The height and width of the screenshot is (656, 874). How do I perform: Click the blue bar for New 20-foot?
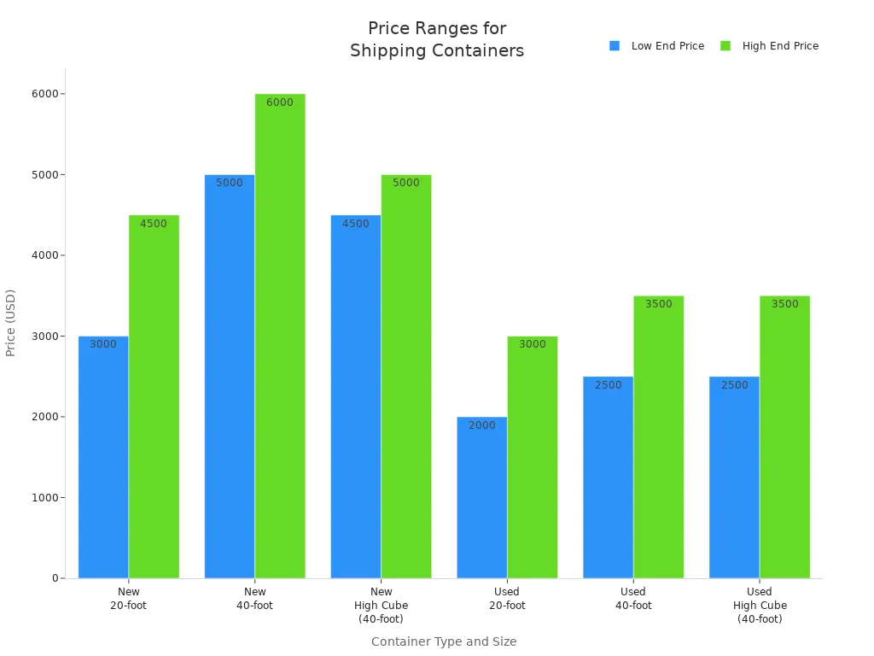[x=103, y=457]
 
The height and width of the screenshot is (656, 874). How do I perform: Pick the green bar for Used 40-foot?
[x=658, y=436]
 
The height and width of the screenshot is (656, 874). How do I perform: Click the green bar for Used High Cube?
[x=784, y=436]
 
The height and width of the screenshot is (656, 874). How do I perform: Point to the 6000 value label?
[x=279, y=102]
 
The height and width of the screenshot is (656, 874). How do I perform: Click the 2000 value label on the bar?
[x=481, y=425]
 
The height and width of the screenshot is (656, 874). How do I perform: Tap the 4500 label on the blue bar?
[x=356, y=224]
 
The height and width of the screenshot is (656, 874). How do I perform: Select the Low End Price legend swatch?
[x=615, y=46]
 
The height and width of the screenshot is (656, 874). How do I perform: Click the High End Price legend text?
[x=780, y=46]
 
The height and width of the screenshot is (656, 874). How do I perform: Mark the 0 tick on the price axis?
[x=55, y=578]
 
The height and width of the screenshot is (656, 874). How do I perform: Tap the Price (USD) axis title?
[x=11, y=323]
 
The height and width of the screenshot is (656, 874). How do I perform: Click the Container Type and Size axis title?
[x=444, y=641]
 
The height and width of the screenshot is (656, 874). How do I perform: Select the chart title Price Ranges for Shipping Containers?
[x=437, y=39]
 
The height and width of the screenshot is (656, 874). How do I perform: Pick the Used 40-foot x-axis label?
[x=633, y=598]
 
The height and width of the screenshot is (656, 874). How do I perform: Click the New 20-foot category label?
[x=129, y=598]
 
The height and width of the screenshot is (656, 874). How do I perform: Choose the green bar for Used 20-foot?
[x=532, y=457]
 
